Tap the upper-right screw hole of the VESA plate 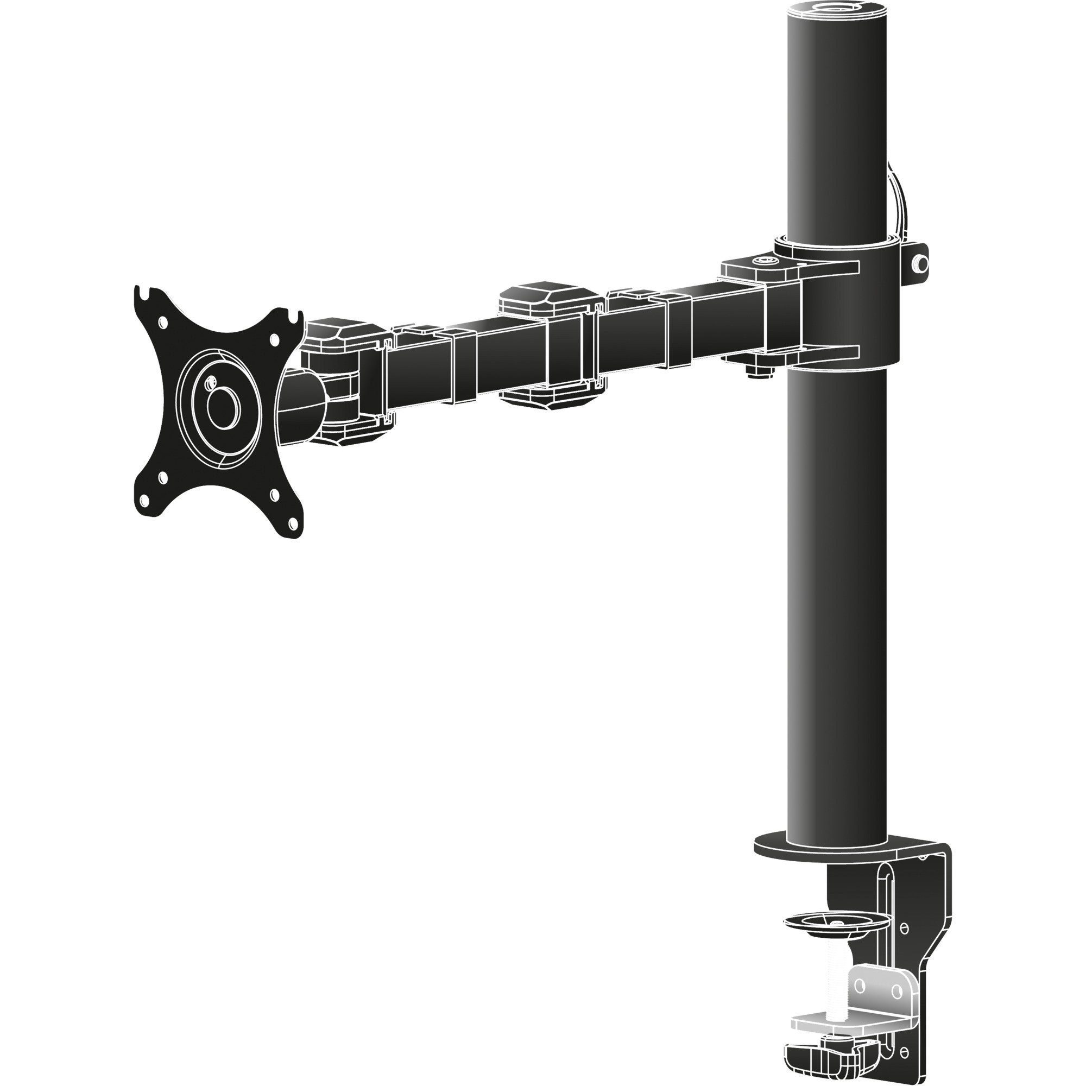(274, 340)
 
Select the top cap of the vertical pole (838, 10)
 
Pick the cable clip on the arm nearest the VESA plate (457, 365)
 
